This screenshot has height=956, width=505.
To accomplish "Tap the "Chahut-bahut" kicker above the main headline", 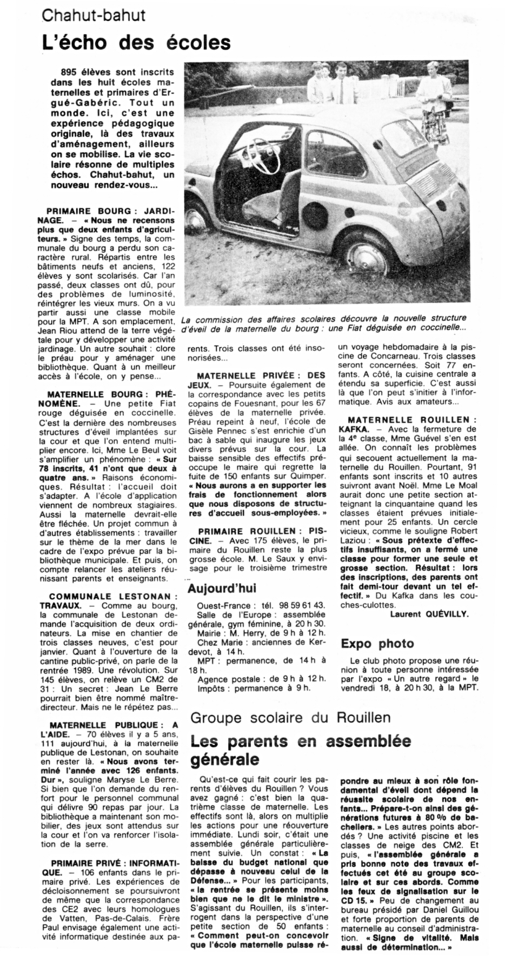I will [x=93, y=15].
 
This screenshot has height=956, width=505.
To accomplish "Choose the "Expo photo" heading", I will [x=377, y=643].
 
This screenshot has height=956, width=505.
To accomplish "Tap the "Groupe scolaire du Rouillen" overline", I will [x=290, y=717].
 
